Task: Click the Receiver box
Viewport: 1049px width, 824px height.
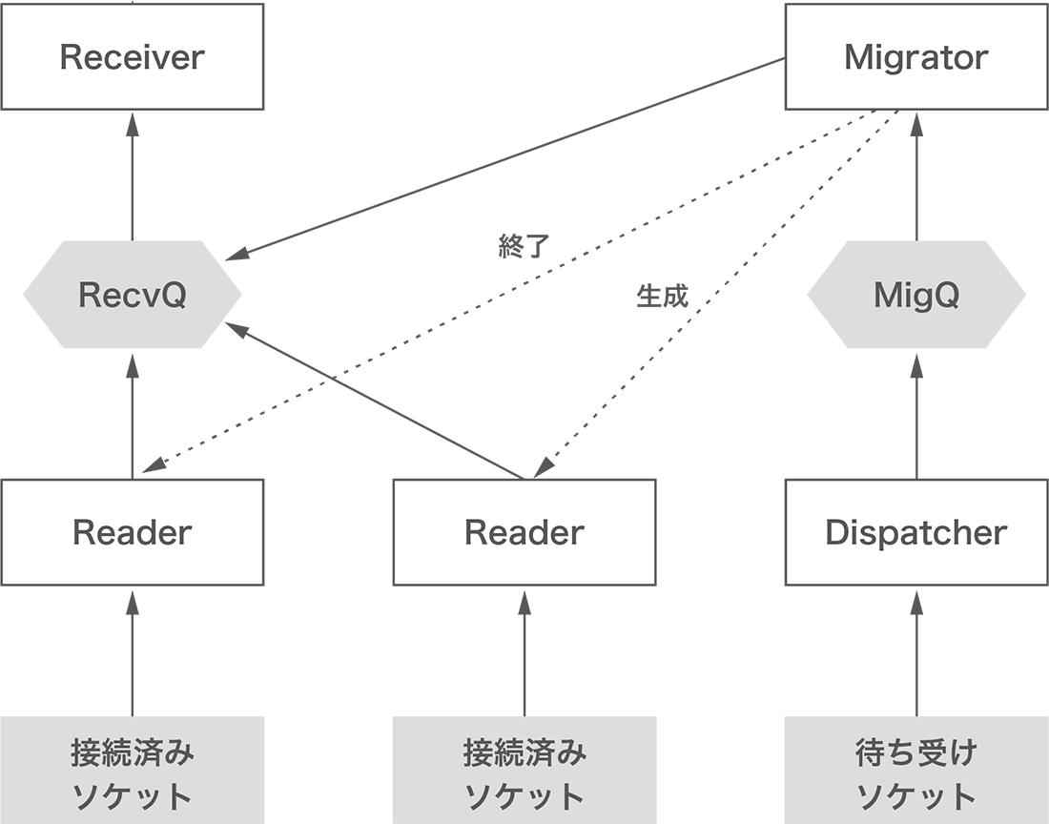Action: point(132,56)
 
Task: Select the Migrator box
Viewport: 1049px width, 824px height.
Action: point(915,56)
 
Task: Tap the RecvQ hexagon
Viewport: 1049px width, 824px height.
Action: point(132,295)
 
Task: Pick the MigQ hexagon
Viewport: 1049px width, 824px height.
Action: point(915,295)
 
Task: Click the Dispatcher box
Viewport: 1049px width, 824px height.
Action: point(915,531)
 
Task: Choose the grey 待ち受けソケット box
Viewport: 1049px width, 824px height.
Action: point(915,772)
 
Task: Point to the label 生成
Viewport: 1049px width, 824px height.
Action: point(661,296)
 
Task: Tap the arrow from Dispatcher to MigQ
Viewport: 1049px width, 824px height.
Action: point(915,415)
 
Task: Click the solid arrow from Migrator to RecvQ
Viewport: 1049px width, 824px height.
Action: point(515,157)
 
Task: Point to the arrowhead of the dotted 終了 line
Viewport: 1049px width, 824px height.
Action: point(152,466)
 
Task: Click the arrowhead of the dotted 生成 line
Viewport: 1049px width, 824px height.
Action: point(542,469)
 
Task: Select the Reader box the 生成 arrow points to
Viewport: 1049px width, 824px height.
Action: point(524,531)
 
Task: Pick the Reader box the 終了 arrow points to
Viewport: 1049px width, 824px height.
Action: point(132,531)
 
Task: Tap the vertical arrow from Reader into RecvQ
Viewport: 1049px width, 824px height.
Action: point(132,415)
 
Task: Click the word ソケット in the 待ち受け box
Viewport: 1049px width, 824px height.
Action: point(915,795)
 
